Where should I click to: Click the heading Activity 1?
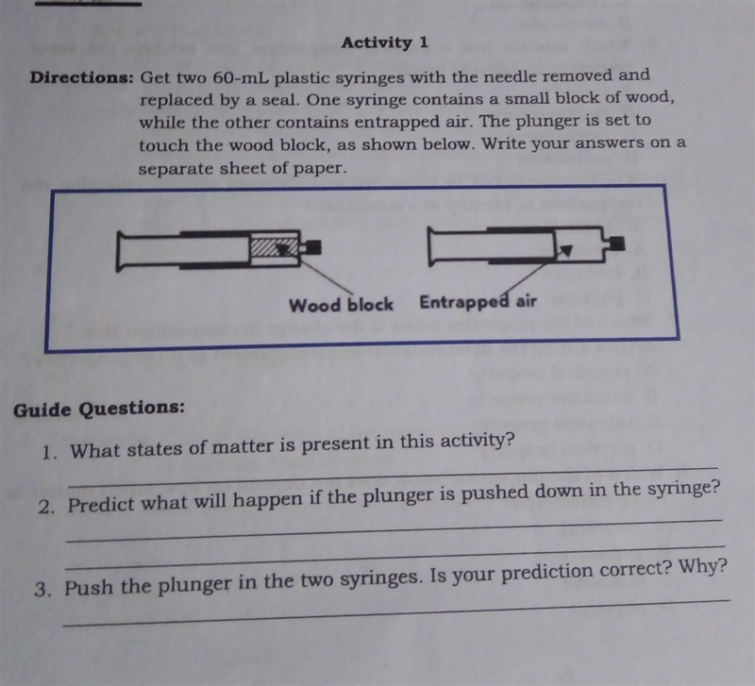(x=384, y=42)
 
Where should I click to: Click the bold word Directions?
(x=81, y=77)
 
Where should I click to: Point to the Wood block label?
(x=341, y=305)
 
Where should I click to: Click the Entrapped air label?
(x=478, y=302)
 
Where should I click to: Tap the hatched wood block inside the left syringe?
(x=274, y=247)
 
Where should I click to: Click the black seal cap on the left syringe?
(x=313, y=247)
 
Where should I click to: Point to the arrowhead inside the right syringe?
(x=566, y=249)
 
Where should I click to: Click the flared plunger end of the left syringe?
(x=120, y=251)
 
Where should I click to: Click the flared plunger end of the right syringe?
(x=431, y=247)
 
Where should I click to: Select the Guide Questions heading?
(x=99, y=409)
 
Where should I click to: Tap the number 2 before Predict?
(x=44, y=507)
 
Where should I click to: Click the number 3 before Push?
(x=42, y=589)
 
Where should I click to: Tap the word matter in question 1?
(x=243, y=447)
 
